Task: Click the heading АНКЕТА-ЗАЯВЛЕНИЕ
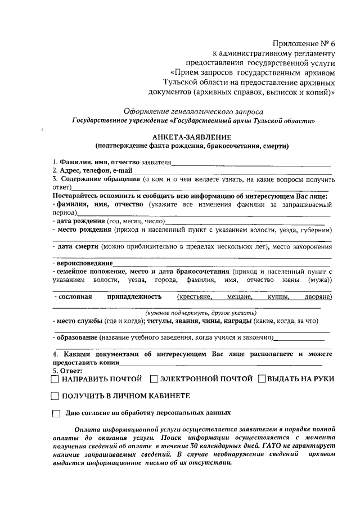coord(192,137)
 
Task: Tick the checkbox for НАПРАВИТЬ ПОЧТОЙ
coord(55,379)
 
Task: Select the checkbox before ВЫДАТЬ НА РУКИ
coord(262,379)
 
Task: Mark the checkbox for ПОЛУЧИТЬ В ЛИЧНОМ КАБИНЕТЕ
coord(55,397)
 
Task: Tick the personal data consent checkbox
coord(56,413)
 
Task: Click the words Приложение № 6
coord(304,43)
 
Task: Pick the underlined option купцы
coord(278,296)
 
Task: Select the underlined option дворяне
coord(315,296)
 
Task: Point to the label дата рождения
coord(79,221)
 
